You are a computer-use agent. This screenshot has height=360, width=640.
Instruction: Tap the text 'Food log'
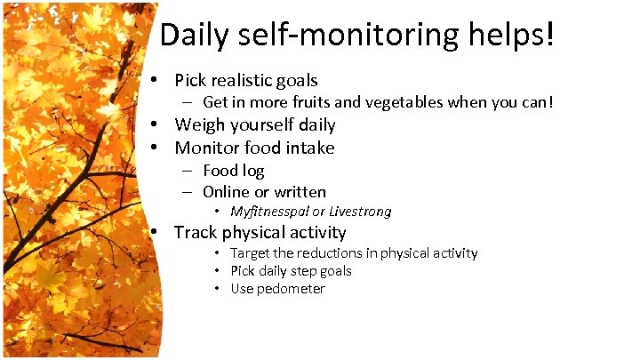tap(233, 170)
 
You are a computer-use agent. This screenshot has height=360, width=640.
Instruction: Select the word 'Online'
tap(226, 192)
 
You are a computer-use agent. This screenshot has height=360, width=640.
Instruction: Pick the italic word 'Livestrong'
tap(360, 212)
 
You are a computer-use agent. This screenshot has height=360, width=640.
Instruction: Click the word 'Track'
tap(193, 233)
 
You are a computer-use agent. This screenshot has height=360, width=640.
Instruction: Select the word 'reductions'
tap(333, 253)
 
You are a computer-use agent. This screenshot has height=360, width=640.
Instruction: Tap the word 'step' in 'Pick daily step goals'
tap(306, 271)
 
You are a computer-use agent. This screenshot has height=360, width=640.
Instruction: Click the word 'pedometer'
tap(291, 289)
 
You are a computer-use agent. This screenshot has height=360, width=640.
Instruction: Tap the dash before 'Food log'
tap(189, 170)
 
